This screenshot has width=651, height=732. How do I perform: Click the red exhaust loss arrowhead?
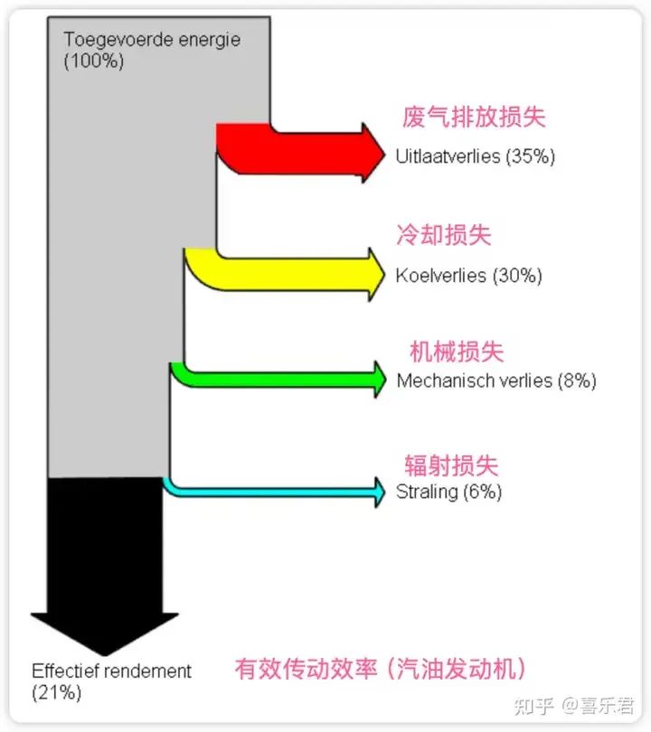[x=372, y=151]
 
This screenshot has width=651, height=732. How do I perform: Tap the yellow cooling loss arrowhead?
[x=372, y=271]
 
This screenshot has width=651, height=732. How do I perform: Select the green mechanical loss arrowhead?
[x=376, y=377]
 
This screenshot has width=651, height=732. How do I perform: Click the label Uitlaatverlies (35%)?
[x=475, y=155]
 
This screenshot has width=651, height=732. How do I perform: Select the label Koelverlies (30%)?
[x=468, y=276]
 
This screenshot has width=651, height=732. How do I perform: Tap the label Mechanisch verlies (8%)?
[x=496, y=380]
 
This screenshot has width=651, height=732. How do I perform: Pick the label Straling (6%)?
[x=448, y=493]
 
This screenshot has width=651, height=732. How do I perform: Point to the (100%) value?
[x=94, y=61]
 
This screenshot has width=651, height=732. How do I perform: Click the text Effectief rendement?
[x=112, y=671]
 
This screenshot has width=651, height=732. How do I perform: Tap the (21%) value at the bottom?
[x=56, y=693]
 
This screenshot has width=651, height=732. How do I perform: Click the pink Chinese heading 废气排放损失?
[x=474, y=117]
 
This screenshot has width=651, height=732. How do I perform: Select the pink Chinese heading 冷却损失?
[x=444, y=235]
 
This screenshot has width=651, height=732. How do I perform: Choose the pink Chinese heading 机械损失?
[x=457, y=351]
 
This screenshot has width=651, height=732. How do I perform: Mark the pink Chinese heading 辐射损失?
[x=451, y=465]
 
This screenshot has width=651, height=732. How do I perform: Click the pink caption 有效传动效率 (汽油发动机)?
[x=380, y=670]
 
